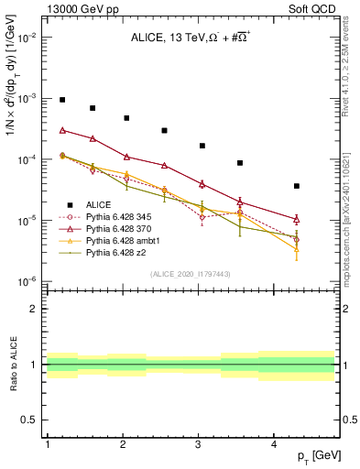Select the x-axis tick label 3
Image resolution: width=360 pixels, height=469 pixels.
pyautogui.click(x=199, y=444)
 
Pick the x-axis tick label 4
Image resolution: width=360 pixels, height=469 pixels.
pyautogui.click(x=274, y=444)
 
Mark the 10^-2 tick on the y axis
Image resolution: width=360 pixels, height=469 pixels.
pyautogui.click(x=27, y=38)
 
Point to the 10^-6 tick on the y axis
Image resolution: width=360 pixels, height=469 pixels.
pyautogui.click(x=27, y=281)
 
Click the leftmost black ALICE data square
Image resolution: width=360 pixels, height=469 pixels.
pyautogui.click(x=62, y=100)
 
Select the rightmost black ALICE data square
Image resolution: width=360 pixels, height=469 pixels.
pyautogui.click(x=296, y=186)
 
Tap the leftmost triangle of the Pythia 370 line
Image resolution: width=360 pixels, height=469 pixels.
pyautogui.click(x=62, y=130)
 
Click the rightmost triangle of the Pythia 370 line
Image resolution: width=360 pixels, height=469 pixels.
pyautogui.click(x=296, y=219)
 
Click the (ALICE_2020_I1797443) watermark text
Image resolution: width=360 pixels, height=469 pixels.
pyautogui.click(x=190, y=274)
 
